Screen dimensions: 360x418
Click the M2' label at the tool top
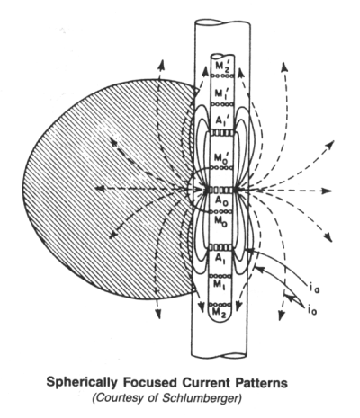coord(222,67)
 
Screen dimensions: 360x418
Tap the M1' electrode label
coord(222,93)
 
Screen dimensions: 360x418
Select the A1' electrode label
coord(222,121)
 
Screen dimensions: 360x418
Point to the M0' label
coord(222,157)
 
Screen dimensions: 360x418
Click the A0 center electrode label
coord(222,201)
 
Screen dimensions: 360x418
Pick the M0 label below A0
coord(222,220)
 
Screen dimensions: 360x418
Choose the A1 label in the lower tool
coord(221,262)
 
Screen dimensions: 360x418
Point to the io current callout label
coord(311,310)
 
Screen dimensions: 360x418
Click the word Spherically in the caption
coord(81,384)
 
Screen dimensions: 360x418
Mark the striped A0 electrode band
coord(222,190)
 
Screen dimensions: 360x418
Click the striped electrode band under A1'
coord(222,132)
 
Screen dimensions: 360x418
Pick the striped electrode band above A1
coord(221,247)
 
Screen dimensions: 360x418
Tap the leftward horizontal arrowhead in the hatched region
coord(100,188)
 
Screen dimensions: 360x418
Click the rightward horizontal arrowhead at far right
coord(326,191)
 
